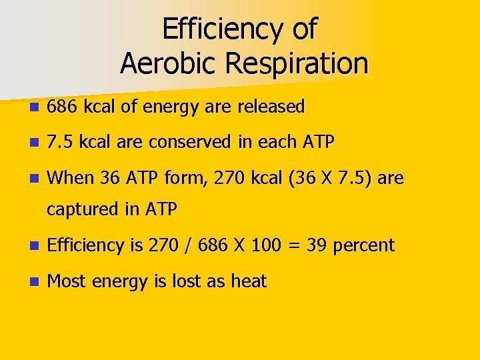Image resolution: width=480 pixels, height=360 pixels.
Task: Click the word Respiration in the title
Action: pos(297,63)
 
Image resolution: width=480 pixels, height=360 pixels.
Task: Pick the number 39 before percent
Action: pos(317,245)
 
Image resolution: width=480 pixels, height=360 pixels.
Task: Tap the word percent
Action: pos(364,246)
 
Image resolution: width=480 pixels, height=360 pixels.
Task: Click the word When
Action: pos(71,178)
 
